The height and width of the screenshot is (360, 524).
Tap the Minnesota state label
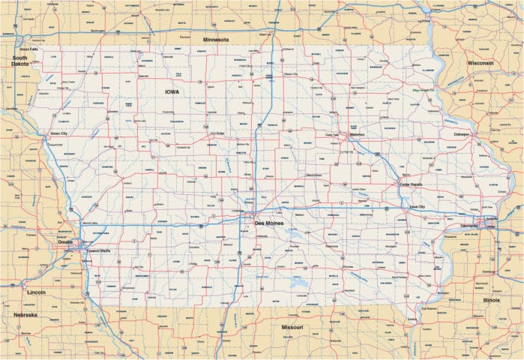pyautogui.click(x=214, y=39)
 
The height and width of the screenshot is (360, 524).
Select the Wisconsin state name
pyautogui.click(x=480, y=64)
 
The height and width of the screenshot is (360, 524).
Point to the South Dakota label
pyautogui.click(x=19, y=61)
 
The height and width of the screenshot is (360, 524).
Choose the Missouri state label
pyautogui.click(x=292, y=328)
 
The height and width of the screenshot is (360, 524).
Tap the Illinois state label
pyautogui.click(x=492, y=299)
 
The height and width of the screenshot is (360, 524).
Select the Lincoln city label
pyautogui.click(x=36, y=292)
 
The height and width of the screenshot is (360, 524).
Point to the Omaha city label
pyautogui.click(x=65, y=241)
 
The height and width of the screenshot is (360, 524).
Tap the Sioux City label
pyautogui.click(x=58, y=133)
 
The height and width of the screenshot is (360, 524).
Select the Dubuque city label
pyautogui.click(x=460, y=134)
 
